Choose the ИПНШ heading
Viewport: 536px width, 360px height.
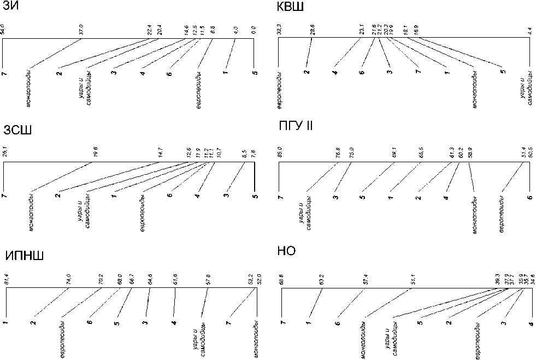(x=23, y=256)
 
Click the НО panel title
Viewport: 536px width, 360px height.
(x=286, y=251)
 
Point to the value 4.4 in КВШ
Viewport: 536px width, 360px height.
(x=529, y=31)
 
